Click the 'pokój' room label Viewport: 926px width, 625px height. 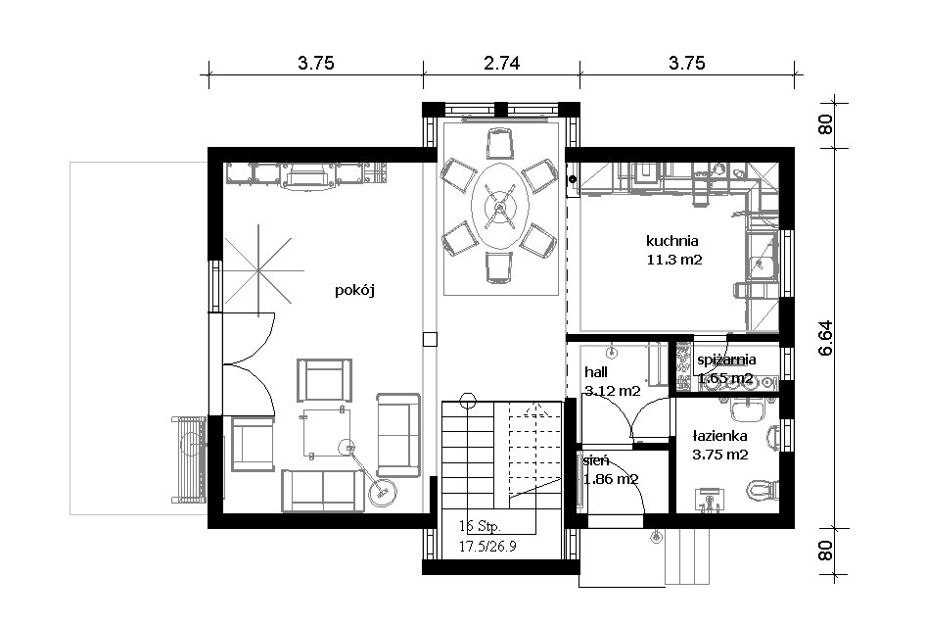point(354,290)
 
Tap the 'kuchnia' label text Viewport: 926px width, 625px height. point(672,241)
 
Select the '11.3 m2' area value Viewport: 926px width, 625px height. point(674,260)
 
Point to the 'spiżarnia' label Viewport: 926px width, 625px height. point(726,360)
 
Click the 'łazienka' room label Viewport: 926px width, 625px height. point(719,436)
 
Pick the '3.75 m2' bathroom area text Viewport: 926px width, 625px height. point(719,455)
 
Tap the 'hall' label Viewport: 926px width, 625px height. point(596,372)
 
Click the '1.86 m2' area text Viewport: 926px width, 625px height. point(611,479)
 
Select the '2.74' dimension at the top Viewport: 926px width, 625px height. point(501,63)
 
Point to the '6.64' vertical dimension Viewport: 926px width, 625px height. point(825,338)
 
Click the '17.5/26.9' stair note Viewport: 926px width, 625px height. point(487,546)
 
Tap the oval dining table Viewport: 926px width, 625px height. point(499,207)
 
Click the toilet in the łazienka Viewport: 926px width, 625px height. point(762,489)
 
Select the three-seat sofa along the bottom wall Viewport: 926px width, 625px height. point(323,490)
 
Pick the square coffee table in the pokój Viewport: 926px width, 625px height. point(326,433)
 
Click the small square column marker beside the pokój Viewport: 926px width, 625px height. point(430,339)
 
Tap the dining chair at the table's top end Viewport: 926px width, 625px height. point(499,144)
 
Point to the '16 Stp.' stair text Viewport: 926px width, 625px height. point(480,526)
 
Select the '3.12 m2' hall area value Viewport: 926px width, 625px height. point(613,391)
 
